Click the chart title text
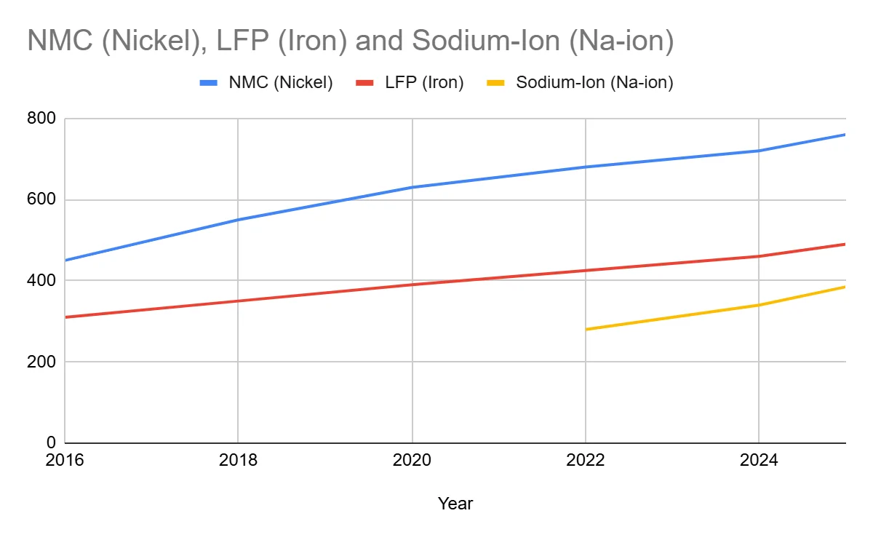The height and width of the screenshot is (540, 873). [x=350, y=40]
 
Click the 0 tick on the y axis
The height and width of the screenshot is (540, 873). [x=51, y=442]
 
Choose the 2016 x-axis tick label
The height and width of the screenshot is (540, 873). [x=65, y=461]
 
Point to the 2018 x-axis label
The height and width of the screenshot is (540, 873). [x=238, y=461]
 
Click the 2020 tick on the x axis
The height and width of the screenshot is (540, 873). [x=412, y=461]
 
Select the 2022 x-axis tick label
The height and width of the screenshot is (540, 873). [x=586, y=461]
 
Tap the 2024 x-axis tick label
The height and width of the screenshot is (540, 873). [x=760, y=461]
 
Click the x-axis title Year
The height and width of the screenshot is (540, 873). [x=455, y=504]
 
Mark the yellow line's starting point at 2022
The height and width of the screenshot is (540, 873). [x=586, y=329]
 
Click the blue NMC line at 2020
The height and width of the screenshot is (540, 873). [x=412, y=187]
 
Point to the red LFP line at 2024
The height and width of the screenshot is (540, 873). [x=760, y=256]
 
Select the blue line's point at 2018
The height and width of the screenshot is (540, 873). [x=238, y=220]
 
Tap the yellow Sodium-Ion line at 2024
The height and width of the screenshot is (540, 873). [x=760, y=305]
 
